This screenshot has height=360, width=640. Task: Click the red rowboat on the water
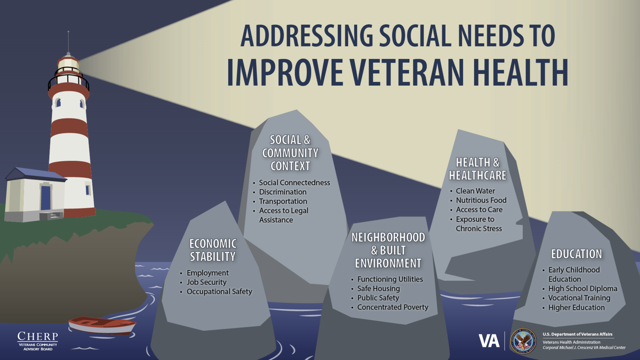click(102, 325)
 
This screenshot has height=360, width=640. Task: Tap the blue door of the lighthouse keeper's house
click(46, 198)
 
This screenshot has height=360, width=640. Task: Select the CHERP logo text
click(38, 337)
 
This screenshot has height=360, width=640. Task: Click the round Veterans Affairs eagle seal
click(523, 341)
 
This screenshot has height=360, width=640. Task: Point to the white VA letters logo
click(489, 341)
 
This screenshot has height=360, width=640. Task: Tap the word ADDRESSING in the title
click(306, 36)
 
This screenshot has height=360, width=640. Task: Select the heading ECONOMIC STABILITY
click(212, 250)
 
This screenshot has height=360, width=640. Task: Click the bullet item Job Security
click(207, 282)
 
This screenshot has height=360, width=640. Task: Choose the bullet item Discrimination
click(282, 192)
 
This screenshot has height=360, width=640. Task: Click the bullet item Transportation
click(283, 201)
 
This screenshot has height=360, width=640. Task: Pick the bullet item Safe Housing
click(378, 289)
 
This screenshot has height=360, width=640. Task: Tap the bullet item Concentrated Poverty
click(393, 307)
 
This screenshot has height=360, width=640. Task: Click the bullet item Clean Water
click(475, 191)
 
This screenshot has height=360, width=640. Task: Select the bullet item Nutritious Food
click(481, 200)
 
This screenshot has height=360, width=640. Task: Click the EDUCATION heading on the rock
click(576, 254)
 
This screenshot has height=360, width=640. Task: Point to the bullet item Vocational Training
click(579, 298)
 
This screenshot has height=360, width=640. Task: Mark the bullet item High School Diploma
click(582, 289)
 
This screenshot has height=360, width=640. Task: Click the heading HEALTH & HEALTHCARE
click(477, 169)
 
